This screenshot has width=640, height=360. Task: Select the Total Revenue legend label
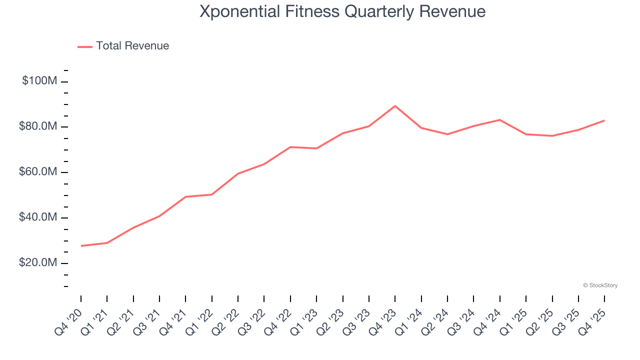pyautogui.click(x=132, y=46)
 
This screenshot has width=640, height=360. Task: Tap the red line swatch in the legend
pyautogui.click(x=85, y=46)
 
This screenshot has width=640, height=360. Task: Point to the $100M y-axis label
pyautogui.click(x=39, y=81)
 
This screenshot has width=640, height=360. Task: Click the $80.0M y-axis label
pyautogui.click(x=38, y=126)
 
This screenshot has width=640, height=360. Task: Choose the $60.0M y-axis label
pyautogui.click(x=38, y=172)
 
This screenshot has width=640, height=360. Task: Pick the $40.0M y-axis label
pyautogui.click(x=38, y=217)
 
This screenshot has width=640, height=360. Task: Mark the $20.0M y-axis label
pyautogui.click(x=38, y=263)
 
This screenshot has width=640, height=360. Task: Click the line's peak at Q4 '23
pyautogui.click(x=395, y=106)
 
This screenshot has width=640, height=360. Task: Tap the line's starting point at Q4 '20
pyautogui.click(x=81, y=245)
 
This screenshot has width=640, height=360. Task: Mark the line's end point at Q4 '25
pyautogui.click(x=604, y=120)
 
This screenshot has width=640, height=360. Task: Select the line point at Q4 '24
pyautogui.click(x=499, y=120)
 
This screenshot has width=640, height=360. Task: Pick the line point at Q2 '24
pyautogui.click(x=447, y=134)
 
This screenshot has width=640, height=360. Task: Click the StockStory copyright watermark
pyautogui.click(x=600, y=285)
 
